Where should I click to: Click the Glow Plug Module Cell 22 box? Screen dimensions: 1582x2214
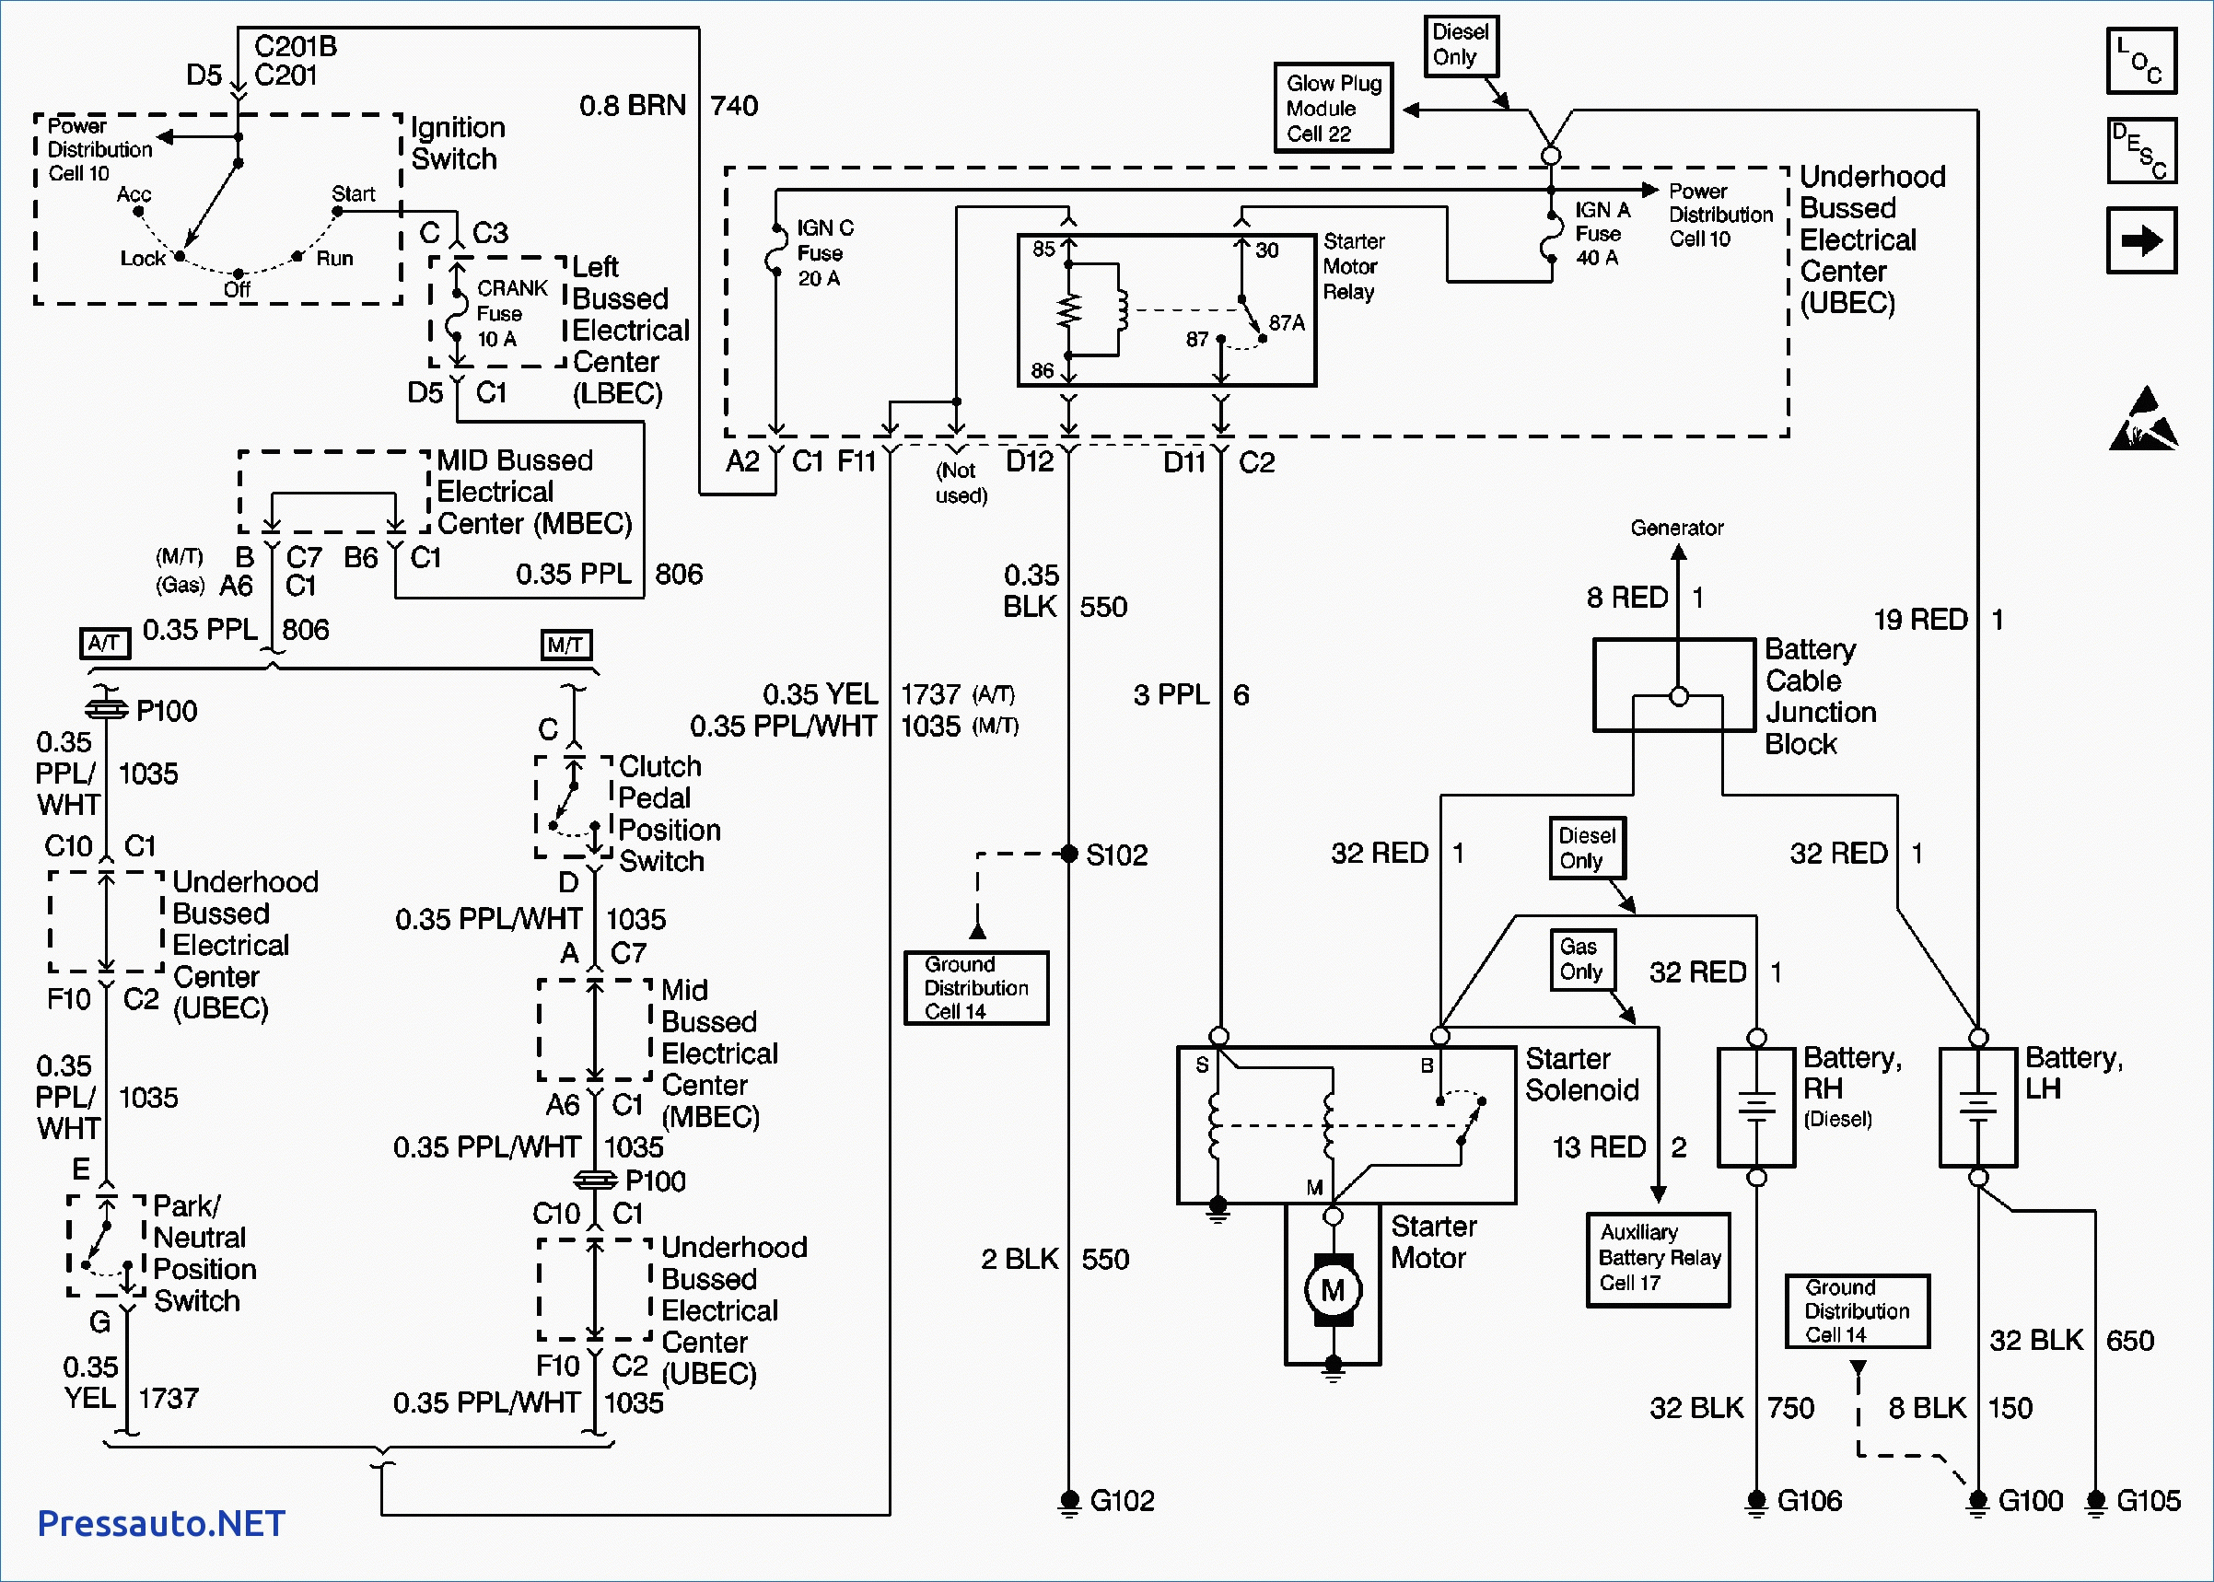click(x=1333, y=108)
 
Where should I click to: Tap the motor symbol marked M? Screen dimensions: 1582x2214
click(x=1333, y=1290)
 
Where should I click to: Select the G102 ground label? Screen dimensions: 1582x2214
click(x=1122, y=1500)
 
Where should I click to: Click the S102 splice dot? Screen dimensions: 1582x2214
click(x=1068, y=855)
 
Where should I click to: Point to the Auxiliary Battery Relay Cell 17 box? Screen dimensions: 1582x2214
click(x=1658, y=1259)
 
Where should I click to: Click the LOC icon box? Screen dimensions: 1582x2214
click(x=2140, y=61)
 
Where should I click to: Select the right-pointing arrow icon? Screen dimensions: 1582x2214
click(x=2140, y=239)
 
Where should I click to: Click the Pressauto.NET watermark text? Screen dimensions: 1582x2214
click(x=161, y=1522)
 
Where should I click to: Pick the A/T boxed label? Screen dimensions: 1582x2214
click(x=104, y=644)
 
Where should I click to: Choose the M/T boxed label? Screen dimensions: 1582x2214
click(x=565, y=645)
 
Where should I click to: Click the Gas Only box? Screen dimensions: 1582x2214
click(x=1581, y=959)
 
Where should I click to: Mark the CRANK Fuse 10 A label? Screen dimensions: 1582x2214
click(x=511, y=314)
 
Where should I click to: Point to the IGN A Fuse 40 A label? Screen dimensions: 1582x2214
click(x=1602, y=234)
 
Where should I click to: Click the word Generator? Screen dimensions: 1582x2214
click(x=1676, y=528)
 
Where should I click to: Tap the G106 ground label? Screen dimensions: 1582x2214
click(x=1809, y=1500)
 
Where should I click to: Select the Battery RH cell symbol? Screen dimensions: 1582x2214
click(x=1755, y=1107)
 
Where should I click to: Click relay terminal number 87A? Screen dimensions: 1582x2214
click(x=1286, y=323)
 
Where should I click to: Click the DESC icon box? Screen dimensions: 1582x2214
click(x=2140, y=151)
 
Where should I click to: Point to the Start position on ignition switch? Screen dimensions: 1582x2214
click(x=353, y=194)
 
